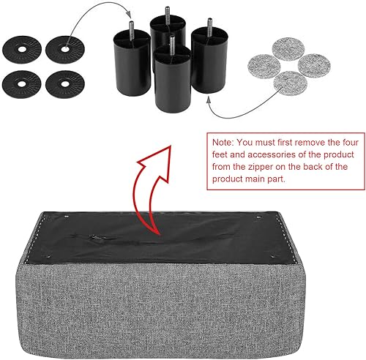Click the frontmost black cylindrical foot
(x=173, y=80)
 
